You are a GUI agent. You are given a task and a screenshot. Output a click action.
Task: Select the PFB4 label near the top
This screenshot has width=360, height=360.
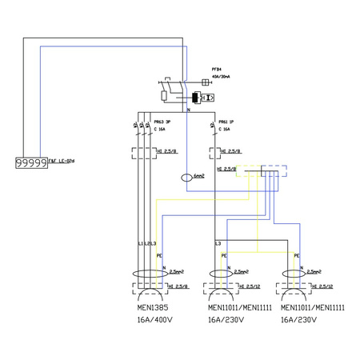pos(217,70)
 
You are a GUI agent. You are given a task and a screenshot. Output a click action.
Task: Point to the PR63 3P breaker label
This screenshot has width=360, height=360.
pos(163,122)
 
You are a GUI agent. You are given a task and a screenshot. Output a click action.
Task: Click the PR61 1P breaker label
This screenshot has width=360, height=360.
pos(227,122)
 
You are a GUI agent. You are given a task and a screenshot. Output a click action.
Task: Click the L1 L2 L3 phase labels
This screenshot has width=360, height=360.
pos(143,242)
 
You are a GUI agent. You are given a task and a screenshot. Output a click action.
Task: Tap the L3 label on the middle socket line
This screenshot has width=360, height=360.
pos(218,242)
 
